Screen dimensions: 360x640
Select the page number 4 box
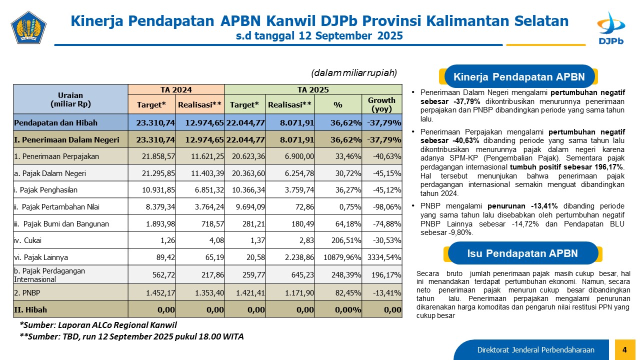point(624,349)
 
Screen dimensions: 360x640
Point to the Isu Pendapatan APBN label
point(522,253)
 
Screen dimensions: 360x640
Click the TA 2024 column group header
point(176,90)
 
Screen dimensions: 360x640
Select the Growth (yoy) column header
point(381,104)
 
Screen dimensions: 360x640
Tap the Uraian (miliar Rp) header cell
point(70,99)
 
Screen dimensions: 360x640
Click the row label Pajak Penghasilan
point(46,190)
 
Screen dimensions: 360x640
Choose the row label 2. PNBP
point(28,292)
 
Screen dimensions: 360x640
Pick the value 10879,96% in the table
point(340,258)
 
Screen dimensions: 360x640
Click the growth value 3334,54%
point(382,258)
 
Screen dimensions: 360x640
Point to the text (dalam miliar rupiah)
point(354,73)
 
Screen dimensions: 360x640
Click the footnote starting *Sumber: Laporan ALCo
point(98,325)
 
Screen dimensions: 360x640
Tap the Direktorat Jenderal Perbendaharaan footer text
point(535,349)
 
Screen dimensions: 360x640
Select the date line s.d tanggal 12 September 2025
point(319,36)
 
